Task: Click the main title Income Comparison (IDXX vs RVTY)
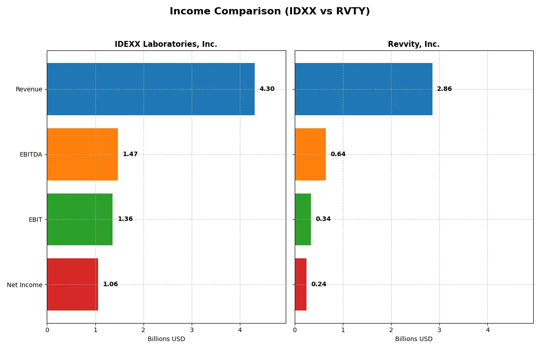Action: tap(270, 12)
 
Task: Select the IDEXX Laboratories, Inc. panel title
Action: tap(166, 44)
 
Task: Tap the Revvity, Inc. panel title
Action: tap(414, 44)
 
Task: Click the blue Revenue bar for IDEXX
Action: tap(151, 89)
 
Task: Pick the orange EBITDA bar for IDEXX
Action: tap(82, 154)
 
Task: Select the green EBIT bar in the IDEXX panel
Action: tap(80, 219)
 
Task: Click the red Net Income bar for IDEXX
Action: tap(72, 284)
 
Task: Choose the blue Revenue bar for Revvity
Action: tap(364, 89)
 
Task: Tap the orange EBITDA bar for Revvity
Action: tap(310, 154)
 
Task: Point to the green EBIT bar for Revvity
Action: tap(303, 219)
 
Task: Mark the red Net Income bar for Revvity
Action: tap(301, 284)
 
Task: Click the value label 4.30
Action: tap(267, 89)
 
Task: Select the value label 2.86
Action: tap(444, 89)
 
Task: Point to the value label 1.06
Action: tap(110, 284)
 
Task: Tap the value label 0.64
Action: tap(338, 154)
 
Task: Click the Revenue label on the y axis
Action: tap(29, 89)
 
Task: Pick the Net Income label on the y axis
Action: tap(25, 285)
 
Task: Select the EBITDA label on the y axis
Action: tap(31, 154)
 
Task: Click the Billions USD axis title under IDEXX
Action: tap(166, 339)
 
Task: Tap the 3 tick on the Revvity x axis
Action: tap(439, 330)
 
